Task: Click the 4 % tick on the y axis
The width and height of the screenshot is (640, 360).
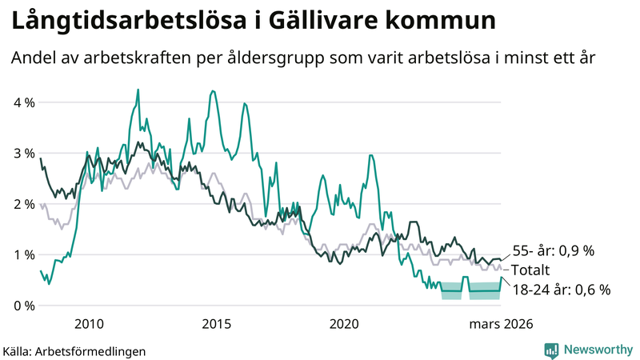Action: click(22, 102)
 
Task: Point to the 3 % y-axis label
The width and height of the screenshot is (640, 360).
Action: click(22, 153)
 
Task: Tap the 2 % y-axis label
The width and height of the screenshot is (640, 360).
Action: click(22, 204)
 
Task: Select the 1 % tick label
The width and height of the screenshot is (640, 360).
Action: click(22, 254)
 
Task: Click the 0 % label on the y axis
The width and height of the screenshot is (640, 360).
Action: click(22, 306)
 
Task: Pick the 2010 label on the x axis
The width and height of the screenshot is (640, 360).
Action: click(88, 324)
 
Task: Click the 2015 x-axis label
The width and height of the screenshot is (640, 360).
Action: click(216, 324)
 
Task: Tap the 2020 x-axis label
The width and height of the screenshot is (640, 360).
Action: click(344, 324)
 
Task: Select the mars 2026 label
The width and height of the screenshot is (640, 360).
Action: click(501, 324)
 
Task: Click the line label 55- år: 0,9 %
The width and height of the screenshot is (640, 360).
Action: click(552, 250)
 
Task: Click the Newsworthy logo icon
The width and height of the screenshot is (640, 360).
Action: click(551, 350)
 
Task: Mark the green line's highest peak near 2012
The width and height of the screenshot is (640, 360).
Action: click(138, 90)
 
